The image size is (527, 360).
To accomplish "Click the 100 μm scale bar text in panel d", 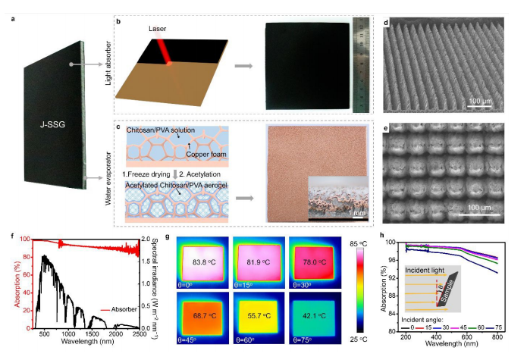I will click(481, 99).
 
